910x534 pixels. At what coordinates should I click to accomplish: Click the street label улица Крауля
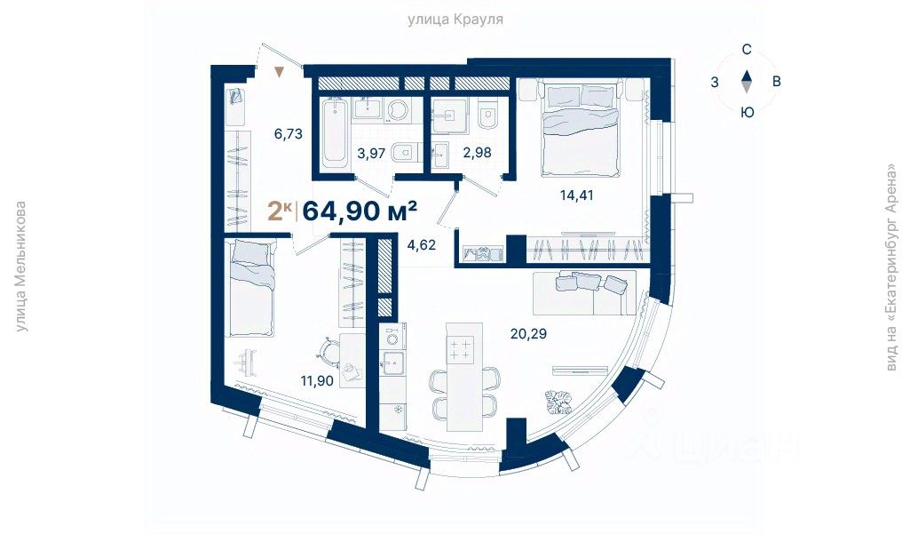[455, 20]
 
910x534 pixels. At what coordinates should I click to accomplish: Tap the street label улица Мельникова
[21, 267]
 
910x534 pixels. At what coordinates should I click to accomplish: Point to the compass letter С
[747, 50]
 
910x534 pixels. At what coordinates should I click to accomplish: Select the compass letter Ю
[748, 112]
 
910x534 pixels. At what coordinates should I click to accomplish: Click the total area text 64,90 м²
[360, 211]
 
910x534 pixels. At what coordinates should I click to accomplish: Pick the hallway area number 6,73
[289, 134]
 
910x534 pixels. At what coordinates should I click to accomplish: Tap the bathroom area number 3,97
[371, 154]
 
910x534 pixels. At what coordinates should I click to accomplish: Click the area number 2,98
[477, 153]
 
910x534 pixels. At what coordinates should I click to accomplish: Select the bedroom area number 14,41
[577, 195]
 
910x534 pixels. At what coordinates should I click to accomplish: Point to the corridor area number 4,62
[422, 245]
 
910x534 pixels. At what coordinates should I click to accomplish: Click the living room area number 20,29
[529, 333]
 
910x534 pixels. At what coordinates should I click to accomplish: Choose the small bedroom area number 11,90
[317, 381]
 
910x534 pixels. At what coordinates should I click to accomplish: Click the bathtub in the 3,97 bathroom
[335, 131]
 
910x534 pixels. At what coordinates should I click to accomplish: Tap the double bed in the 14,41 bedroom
[581, 130]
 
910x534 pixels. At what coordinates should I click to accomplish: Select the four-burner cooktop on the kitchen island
[460, 348]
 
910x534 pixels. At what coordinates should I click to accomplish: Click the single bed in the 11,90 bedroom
[252, 288]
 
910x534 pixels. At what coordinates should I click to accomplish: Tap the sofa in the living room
[584, 292]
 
